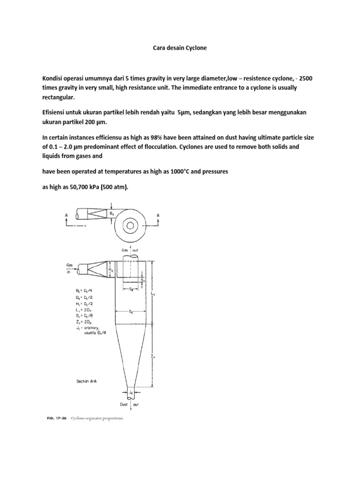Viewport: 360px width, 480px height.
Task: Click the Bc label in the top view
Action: pyautogui.click(x=112, y=213)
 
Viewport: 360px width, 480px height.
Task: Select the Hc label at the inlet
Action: pyautogui.click(x=110, y=270)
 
